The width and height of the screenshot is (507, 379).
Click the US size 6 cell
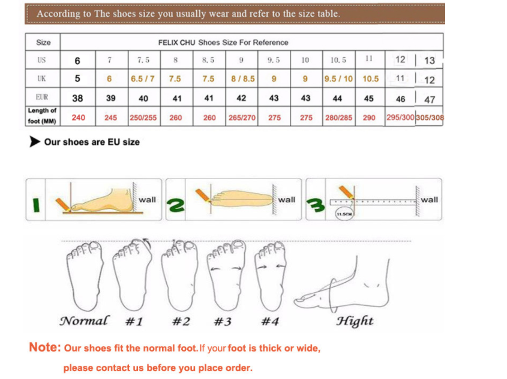77,60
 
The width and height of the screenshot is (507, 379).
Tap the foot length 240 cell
78,117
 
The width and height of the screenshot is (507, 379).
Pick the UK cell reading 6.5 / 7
143,78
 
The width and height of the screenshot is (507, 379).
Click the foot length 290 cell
369,117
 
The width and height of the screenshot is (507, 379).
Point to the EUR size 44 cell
338,98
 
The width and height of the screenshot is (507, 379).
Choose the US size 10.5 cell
338,60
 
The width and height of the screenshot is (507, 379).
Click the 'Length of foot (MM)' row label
42,116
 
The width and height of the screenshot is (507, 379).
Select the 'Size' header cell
43,43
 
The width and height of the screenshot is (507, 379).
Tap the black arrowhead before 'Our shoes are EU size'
34,141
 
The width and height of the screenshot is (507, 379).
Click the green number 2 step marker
176,205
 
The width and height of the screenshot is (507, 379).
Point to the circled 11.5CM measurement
344,214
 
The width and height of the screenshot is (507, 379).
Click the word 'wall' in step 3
430,199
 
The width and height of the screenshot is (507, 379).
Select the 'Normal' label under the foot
85,321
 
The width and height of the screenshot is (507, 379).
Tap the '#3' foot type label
223,322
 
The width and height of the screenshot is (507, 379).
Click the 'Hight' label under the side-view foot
355,321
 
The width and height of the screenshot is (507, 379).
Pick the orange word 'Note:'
45,347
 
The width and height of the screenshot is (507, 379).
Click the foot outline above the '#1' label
132,274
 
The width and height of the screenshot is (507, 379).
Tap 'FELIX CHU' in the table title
176,43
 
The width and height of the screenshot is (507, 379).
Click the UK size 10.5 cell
371,78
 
